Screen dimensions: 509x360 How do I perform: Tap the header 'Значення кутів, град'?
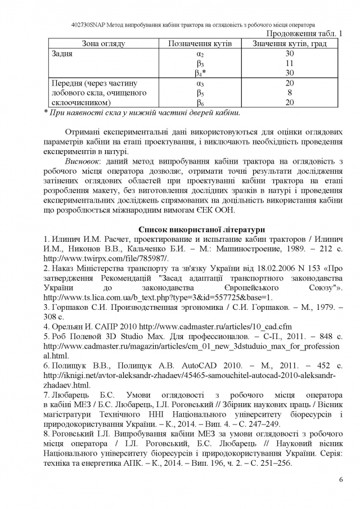(x=290, y=44)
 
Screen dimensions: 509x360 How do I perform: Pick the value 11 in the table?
(x=290, y=64)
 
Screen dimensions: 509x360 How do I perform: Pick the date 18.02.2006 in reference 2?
(x=254, y=268)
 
